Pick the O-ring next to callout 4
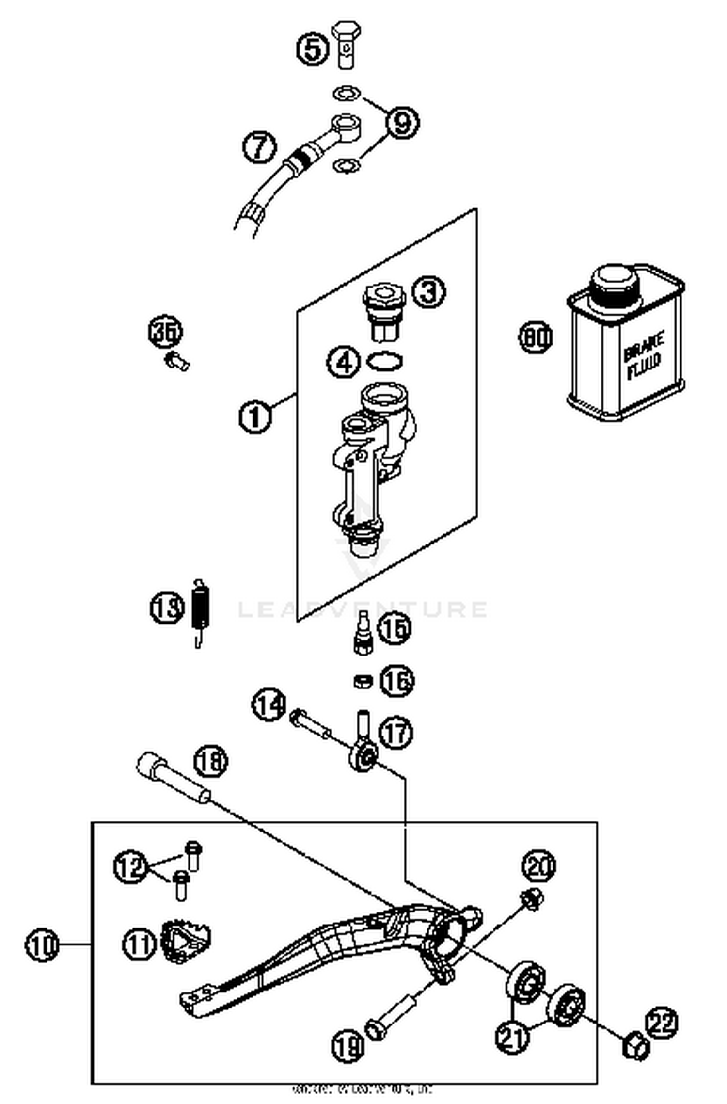385,361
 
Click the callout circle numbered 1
254,416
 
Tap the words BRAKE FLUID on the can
643,356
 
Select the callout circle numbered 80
536,337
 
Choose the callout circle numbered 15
394,628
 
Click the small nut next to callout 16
362,681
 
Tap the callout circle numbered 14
269,704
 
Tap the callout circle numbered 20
538,866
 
